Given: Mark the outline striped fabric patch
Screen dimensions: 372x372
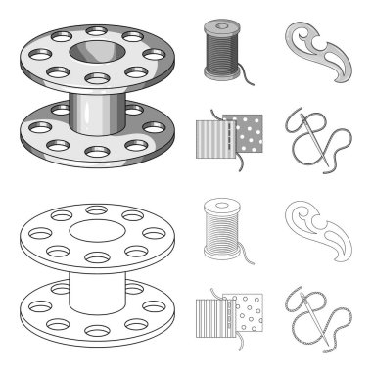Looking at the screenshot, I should [211, 333].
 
